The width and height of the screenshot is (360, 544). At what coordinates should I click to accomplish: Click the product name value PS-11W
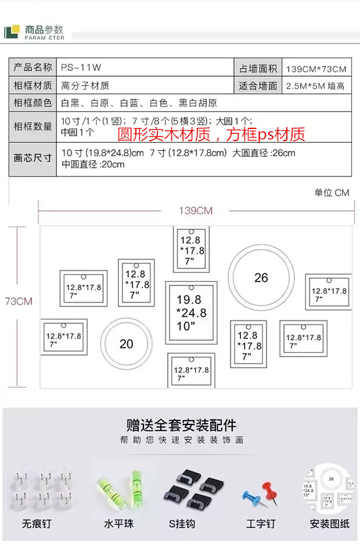77,68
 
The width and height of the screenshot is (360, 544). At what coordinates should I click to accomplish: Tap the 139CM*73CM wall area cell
316,69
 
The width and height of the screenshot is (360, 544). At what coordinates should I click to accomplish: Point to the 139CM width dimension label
196,211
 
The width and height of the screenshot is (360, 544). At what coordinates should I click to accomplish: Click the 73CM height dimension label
19,301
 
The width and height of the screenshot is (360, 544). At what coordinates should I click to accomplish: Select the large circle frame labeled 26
261,278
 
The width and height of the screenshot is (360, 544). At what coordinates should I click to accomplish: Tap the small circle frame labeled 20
127,344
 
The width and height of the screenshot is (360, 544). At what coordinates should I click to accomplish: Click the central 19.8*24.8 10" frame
192,313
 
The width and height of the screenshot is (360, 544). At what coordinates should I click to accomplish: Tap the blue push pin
251,498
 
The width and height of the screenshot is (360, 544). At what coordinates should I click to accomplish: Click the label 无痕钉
37,524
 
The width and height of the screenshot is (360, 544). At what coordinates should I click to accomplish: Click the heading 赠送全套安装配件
181,425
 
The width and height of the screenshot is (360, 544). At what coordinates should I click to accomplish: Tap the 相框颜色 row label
33,103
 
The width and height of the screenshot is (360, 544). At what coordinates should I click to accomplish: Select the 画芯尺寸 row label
33,157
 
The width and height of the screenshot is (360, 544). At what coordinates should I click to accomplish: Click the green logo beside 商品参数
12,32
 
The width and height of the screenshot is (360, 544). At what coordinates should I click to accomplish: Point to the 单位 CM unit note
332,193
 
